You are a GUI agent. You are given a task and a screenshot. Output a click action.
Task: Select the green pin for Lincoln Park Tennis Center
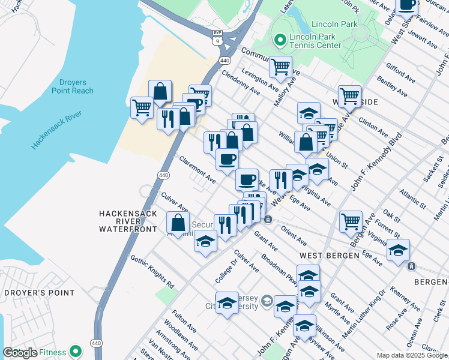point(279,40)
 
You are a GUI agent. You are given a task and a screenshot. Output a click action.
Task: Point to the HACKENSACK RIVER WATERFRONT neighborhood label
point(128,221)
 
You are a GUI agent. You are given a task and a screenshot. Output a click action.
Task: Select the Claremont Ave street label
point(197,170)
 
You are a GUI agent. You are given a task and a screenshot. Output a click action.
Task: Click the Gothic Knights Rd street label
point(151,271)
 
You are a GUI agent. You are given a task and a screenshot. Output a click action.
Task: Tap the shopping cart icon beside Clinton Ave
point(349,95)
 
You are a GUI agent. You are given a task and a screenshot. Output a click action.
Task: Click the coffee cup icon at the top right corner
point(407,5)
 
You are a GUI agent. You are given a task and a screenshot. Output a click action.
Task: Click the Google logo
point(20,353)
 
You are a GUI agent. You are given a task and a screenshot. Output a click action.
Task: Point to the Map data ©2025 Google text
point(411,355)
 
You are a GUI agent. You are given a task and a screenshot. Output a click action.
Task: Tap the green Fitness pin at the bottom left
point(76,351)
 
